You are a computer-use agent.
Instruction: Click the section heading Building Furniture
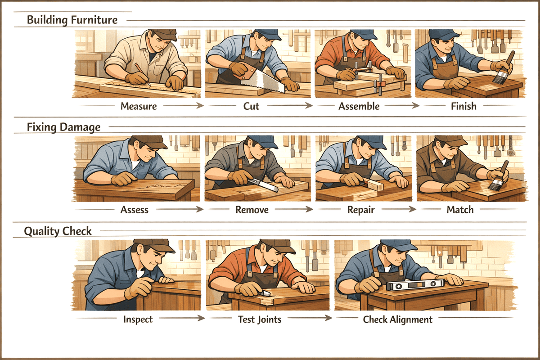[72, 20]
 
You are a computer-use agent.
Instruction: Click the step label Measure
[139, 107]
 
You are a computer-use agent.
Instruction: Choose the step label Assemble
[359, 107]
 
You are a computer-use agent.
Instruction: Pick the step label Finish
[463, 107]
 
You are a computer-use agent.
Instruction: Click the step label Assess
[134, 209]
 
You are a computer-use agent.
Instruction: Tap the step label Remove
[252, 209]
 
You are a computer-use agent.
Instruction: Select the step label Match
[460, 209]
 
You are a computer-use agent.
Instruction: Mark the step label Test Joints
[260, 319]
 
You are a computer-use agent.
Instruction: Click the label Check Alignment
[398, 319]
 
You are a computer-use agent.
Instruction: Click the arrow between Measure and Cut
[183, 107]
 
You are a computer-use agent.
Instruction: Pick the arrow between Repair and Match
[398, 209]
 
